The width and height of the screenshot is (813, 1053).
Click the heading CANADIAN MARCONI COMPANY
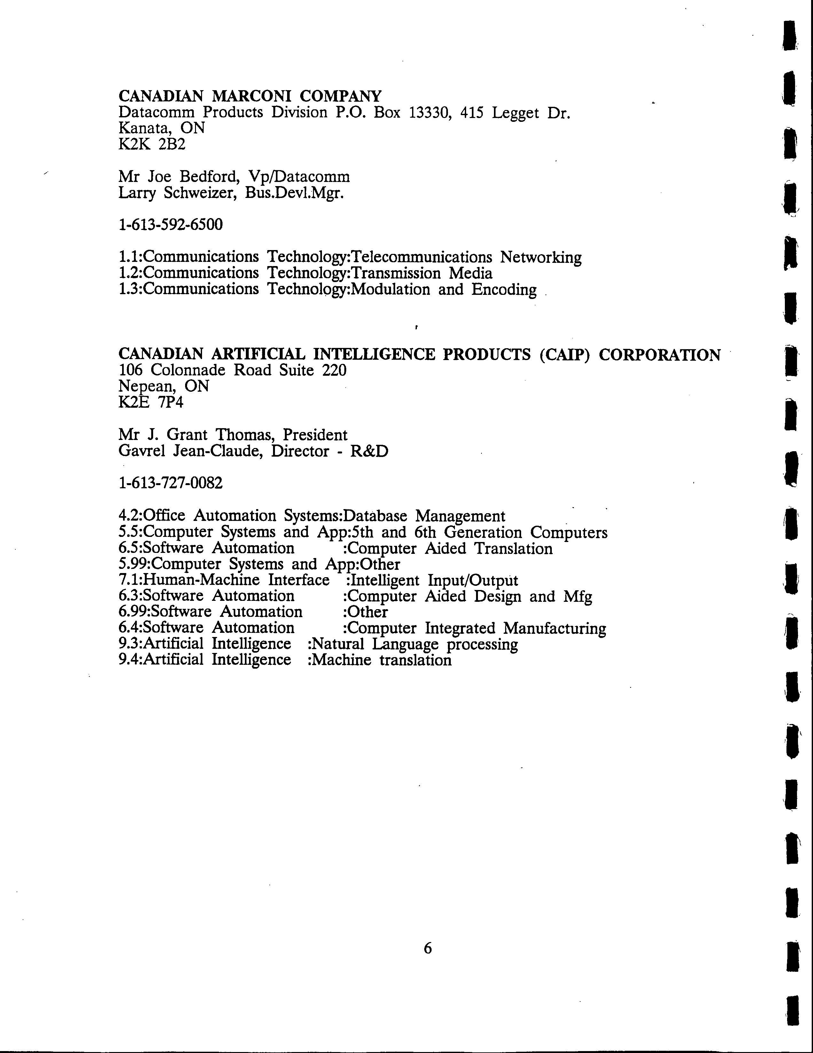pyautogui.click(x=250, y=96)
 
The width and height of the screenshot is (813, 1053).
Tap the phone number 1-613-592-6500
pyautogui.click(x=171, y=225)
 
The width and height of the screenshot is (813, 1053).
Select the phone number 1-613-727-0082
pyautogui.click(x=171, y=483)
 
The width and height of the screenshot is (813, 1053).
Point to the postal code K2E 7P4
pyautogui.click(x=151, y=402)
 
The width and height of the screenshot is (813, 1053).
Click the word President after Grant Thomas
pyautogui.click(x=315, y=435)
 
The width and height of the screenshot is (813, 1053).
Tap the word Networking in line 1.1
pyautogui.click(x=541, y=257)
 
